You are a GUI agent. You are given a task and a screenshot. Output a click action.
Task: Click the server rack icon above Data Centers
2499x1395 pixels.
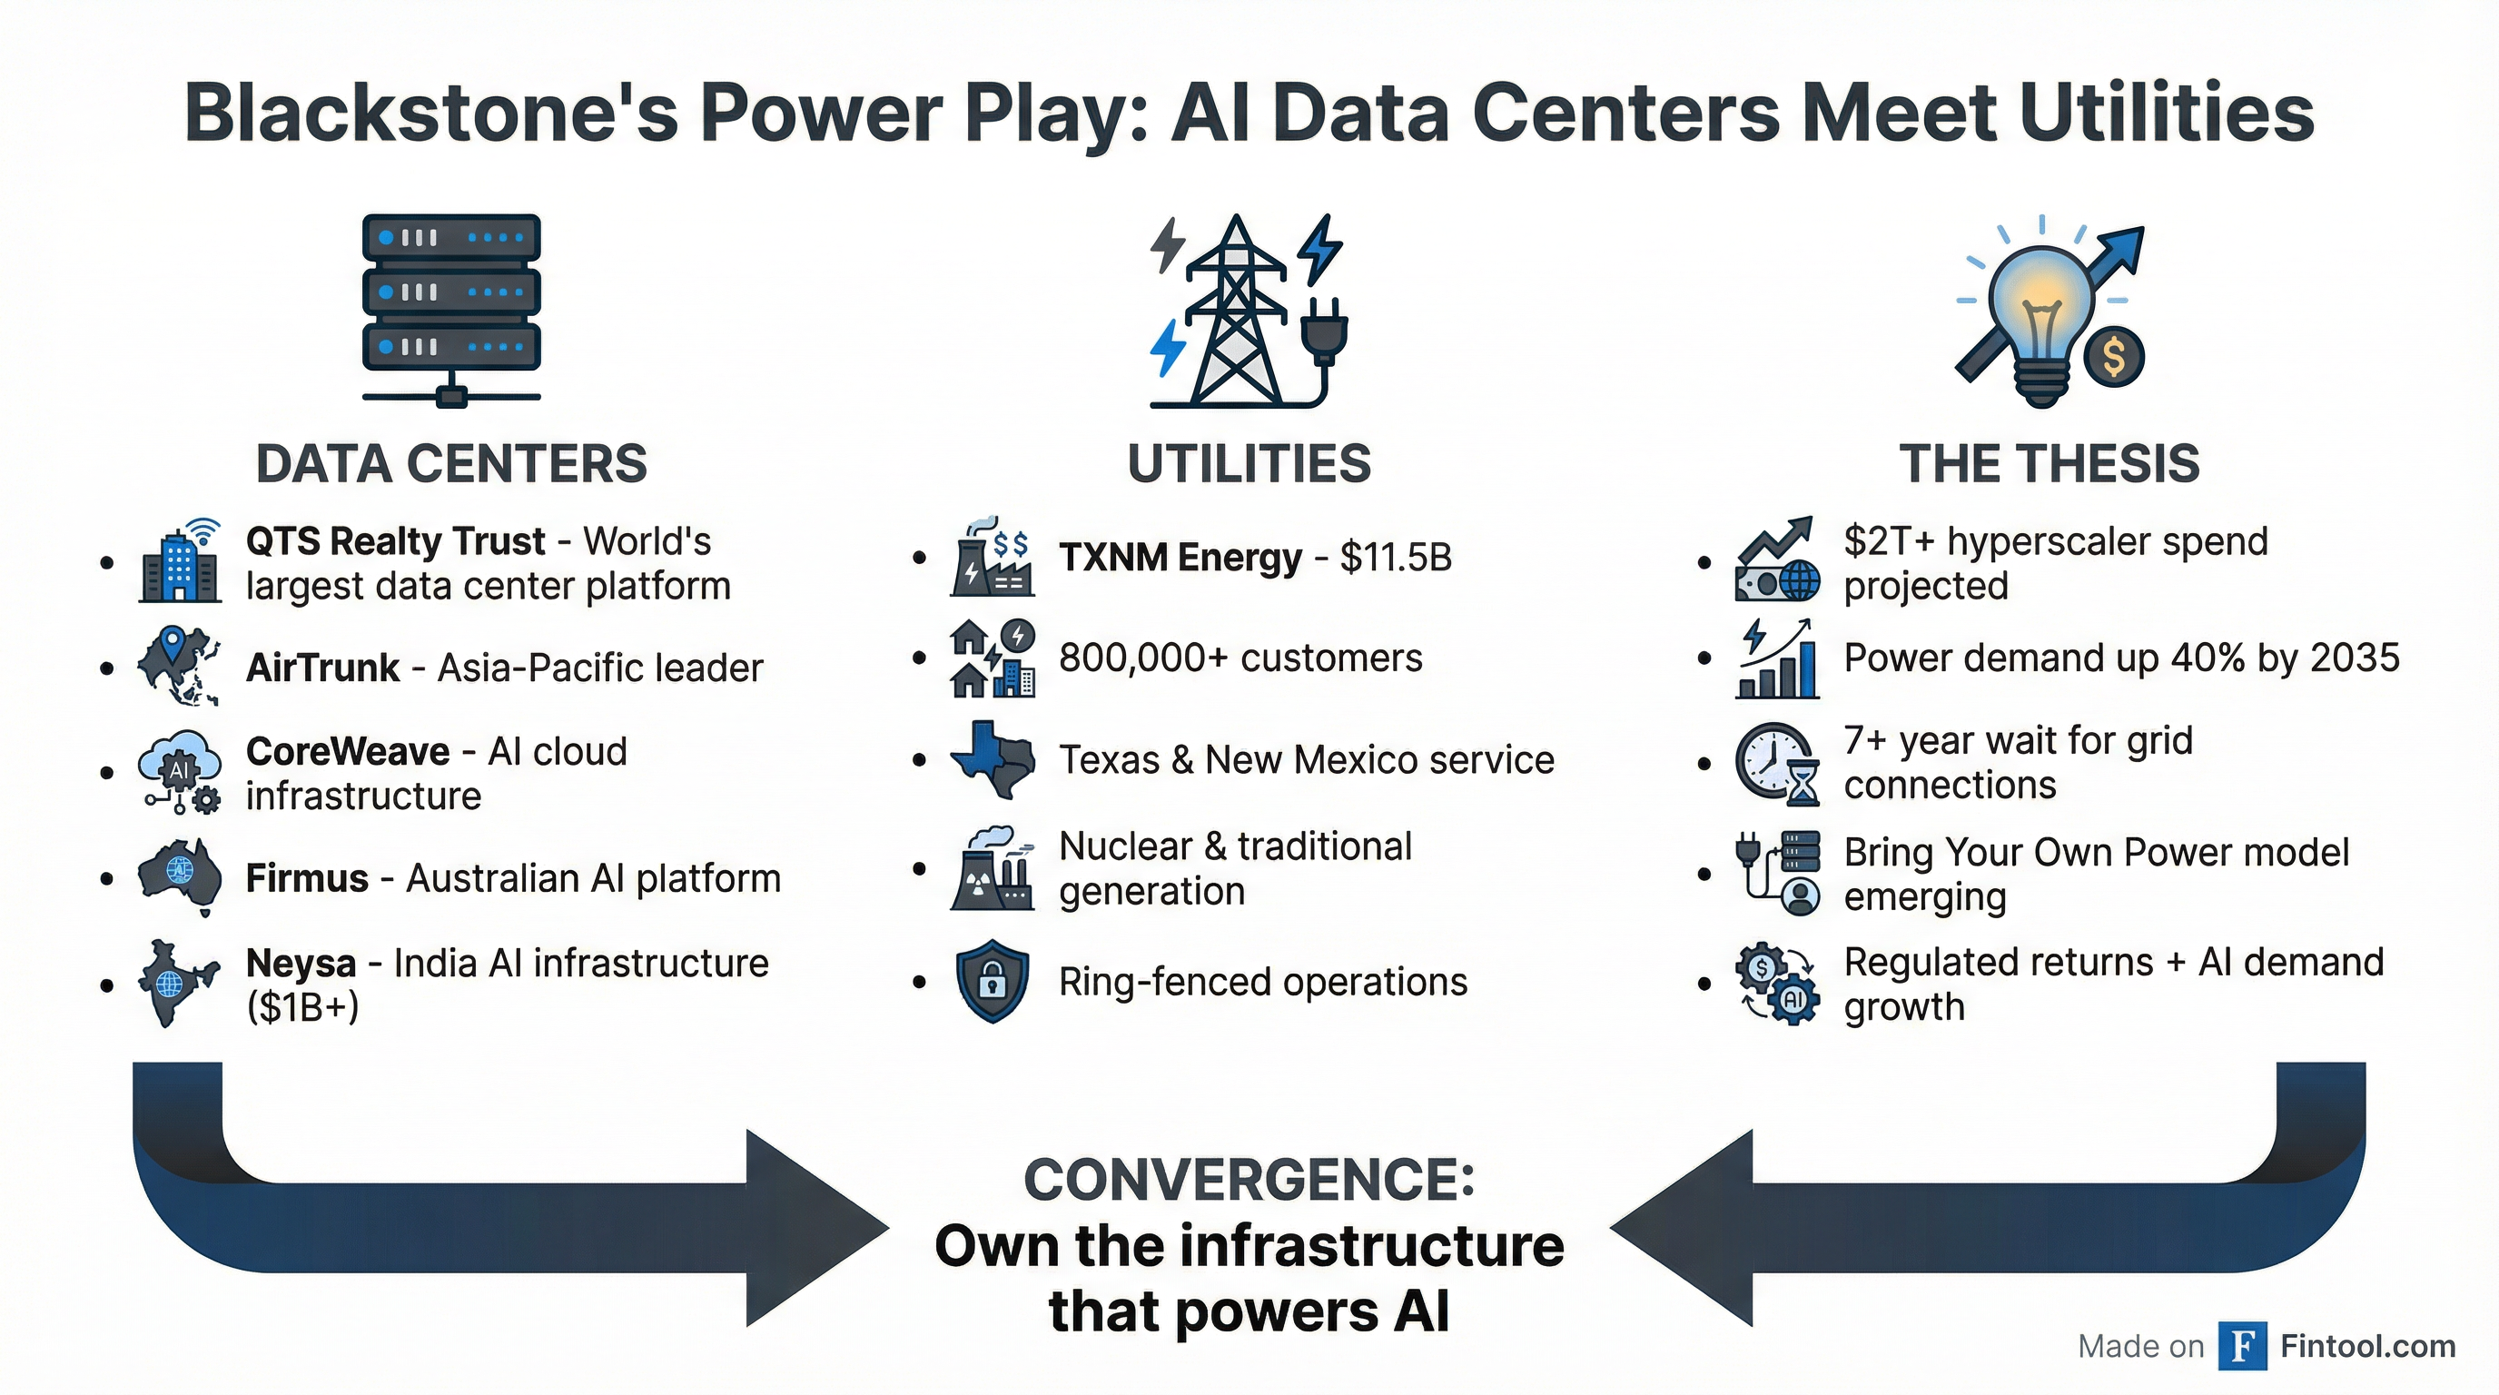pos(451,305)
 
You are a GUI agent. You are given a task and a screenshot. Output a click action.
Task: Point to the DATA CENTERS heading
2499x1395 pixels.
pos(451,464)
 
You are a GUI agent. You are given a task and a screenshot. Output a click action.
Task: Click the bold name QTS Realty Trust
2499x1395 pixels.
pos(396,541)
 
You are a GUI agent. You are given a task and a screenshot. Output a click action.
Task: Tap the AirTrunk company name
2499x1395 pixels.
pos(322,668)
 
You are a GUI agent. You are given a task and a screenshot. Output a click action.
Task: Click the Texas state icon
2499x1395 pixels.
pos(992,758)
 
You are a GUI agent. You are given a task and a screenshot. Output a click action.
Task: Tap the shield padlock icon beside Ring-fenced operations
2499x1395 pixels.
pos(992,981)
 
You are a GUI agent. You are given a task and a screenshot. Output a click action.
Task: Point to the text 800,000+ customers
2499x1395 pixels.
pos(1240,658)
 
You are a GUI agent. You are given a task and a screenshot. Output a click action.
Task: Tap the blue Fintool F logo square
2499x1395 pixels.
pos(2242,1346)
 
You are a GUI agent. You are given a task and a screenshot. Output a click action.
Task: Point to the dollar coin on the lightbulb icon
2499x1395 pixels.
pos(2115,356)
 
